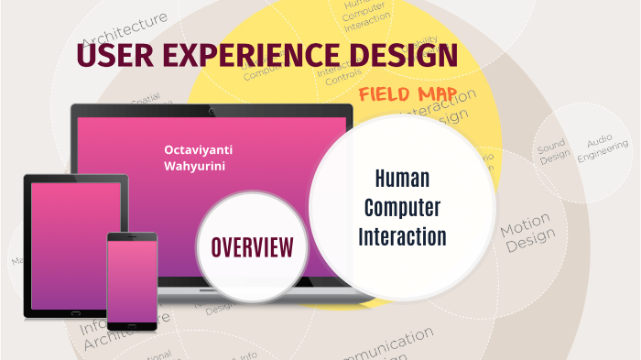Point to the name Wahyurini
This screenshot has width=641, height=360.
190,167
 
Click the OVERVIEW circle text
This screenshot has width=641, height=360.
253,246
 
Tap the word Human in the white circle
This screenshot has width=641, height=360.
402,178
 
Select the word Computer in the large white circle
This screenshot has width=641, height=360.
402,207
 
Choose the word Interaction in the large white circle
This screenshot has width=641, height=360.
402,236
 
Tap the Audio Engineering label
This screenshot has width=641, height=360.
603,149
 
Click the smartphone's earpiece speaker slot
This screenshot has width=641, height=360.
132,237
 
